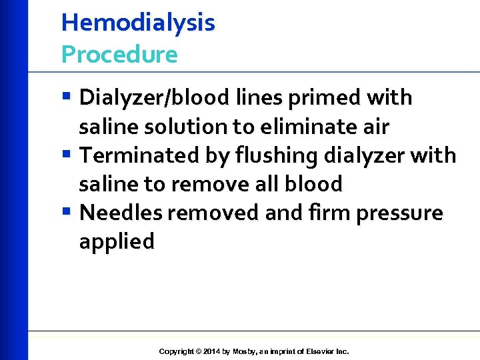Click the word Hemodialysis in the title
(138, 23)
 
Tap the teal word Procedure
(119, 55)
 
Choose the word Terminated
(135, 155)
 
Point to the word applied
(117, 241)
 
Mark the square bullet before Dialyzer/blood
(69, 98)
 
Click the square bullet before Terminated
(69, 155)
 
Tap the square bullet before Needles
(69, 213)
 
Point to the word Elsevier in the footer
(319, 351)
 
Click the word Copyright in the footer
(177, 351)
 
